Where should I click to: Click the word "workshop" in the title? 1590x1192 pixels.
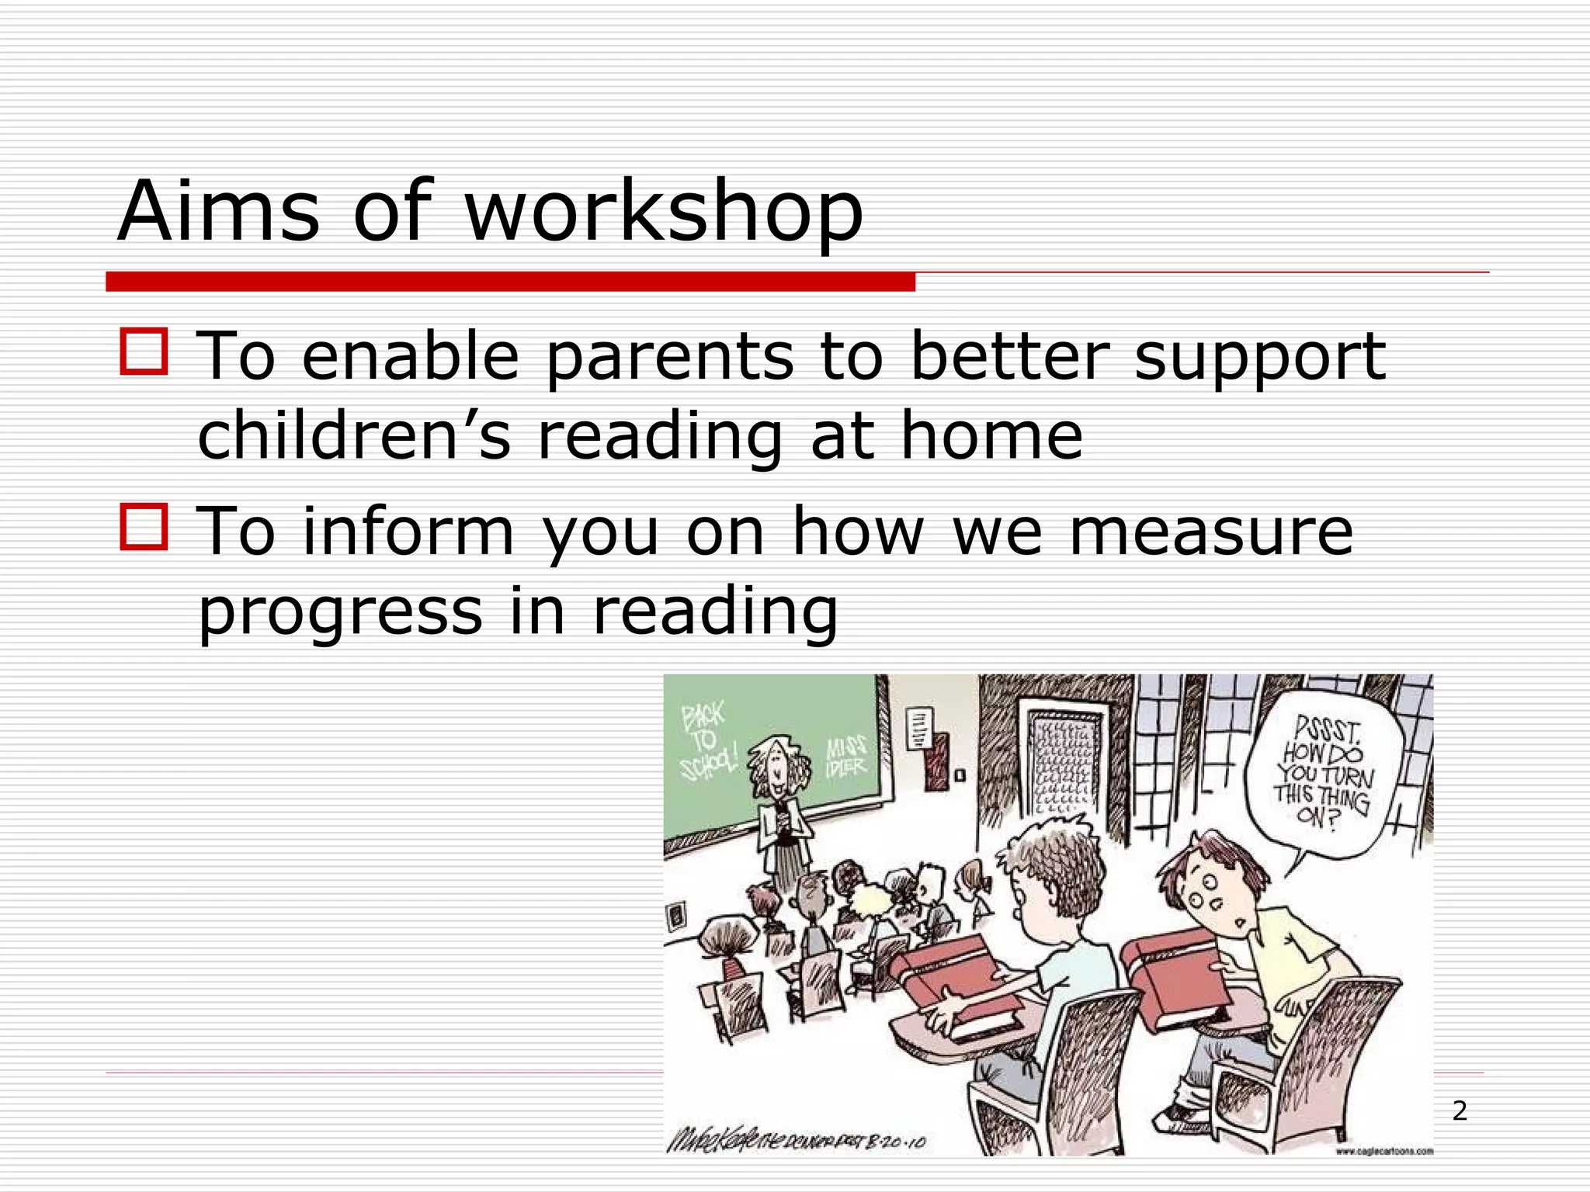pos(664,211)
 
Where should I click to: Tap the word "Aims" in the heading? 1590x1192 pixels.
pos(218,211)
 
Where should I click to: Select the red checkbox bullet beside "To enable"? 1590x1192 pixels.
pos(144,352)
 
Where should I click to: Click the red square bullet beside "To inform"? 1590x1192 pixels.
pos(144,527)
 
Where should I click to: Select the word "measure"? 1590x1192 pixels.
pos(1211,532)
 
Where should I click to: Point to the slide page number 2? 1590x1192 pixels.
pos(1460,1111)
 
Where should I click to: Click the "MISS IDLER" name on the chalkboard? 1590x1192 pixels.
pos(846,757)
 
